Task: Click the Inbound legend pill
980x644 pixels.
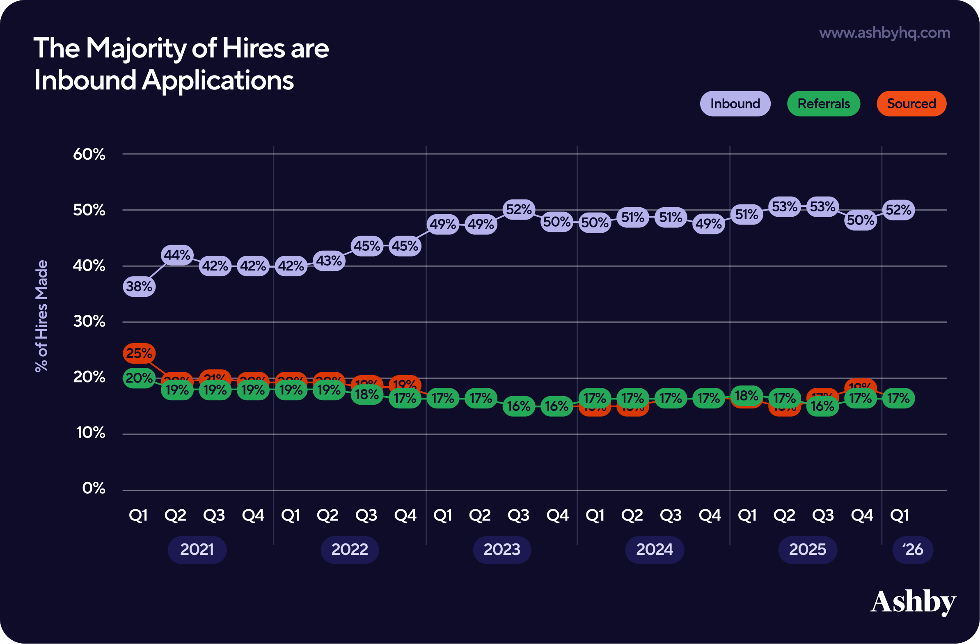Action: click(735, 104)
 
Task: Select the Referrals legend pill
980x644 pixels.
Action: click(824, 104)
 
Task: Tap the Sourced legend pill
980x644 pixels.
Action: click(911, 104)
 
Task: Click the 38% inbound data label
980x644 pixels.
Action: click(139, 286)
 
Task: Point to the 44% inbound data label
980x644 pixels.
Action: click(177, 255)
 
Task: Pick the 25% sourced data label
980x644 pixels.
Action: click(139, 353)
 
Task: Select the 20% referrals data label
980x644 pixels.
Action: click(139, 378)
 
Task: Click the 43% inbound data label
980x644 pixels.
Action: click(329, 261)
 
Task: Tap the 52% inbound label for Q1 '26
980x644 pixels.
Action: click(898, 210)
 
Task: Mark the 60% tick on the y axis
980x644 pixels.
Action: click(89, 154)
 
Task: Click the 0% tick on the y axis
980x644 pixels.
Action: click(94, 488)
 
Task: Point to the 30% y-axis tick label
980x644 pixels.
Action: click(89, 321)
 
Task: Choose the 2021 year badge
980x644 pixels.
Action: click(197, 550)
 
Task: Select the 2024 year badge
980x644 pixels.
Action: click(654, 550)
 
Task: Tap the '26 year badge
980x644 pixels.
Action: click(912, 550)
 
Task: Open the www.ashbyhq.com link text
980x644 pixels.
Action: click(884, 33)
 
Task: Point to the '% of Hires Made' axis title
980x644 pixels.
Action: click(41, 316)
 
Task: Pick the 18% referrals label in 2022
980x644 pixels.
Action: click(367, 394)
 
